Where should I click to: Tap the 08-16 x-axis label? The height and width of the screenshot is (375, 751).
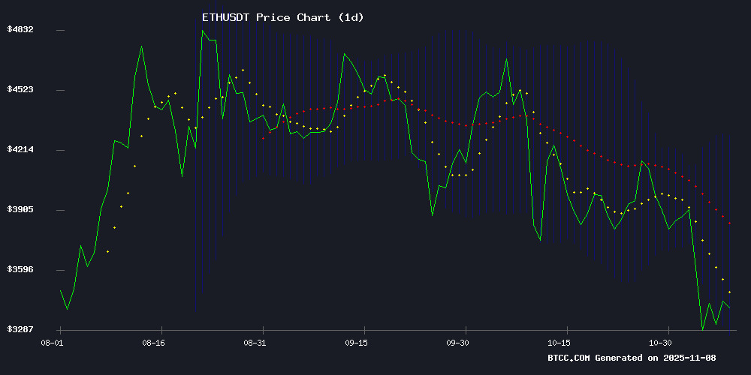pyautogui.click(x=153, y=342)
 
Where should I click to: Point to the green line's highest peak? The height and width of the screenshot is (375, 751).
pyautogui.click(x=203, y=30)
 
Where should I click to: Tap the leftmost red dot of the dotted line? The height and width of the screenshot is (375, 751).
pyautogui.click(x=263, y=139)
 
